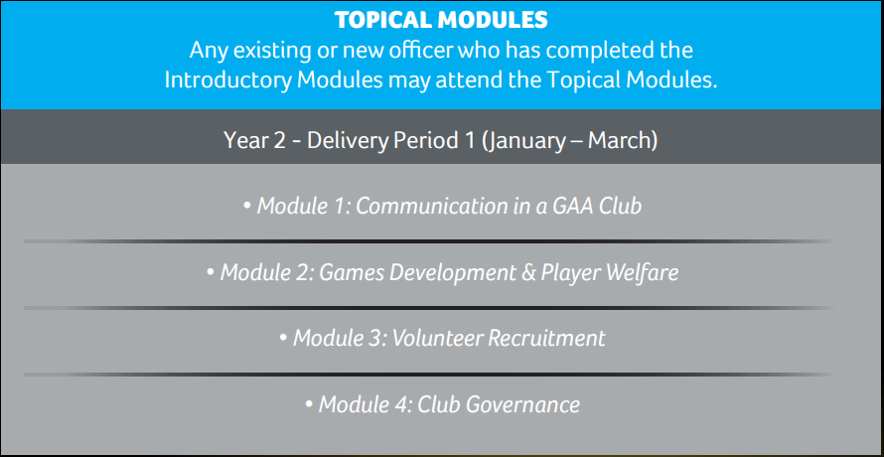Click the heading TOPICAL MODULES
[x=441, y=20]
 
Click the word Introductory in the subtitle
[x=227, y=80]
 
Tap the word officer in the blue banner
[x=419, y=51]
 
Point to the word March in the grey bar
[x=619, y=140]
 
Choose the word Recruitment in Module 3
[x=546, y=339]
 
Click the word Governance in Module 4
[x=523, y=405]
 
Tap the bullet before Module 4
[x=308, y=405]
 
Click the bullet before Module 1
[x=247, y=207]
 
